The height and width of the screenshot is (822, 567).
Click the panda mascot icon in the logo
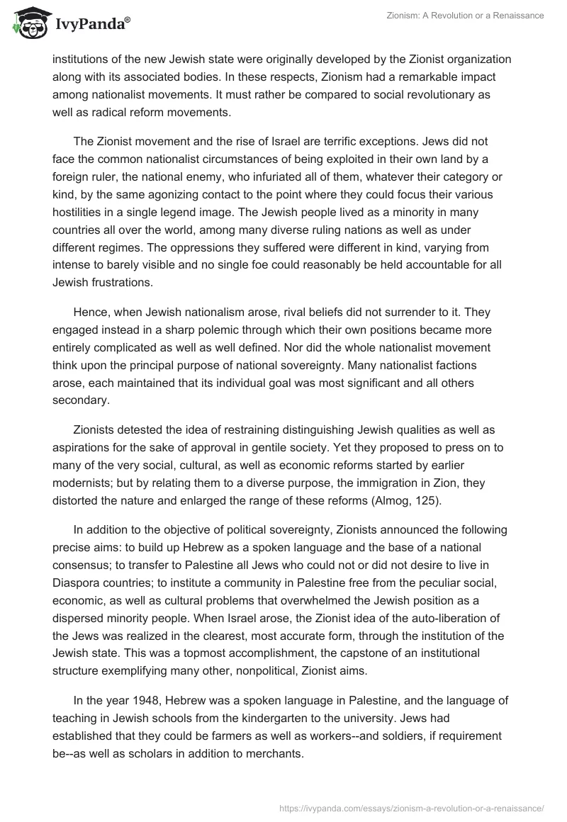27,22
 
